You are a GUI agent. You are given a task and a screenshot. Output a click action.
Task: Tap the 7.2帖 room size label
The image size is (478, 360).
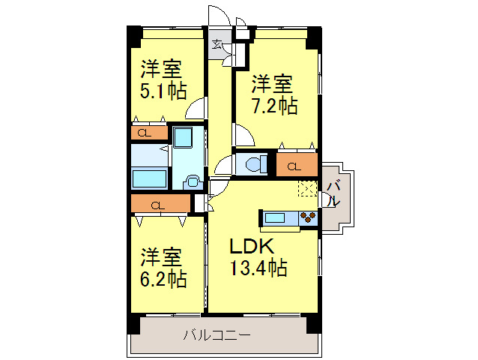pos(274,105)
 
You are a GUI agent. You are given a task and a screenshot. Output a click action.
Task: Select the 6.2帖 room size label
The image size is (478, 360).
pos(163,279)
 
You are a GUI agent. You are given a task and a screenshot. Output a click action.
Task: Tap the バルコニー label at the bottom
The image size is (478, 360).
pos(217,335)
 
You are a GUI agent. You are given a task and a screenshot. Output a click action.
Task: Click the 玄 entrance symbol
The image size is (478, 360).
pos(217,43)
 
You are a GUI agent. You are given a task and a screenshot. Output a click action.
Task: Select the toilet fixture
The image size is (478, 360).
pos(254,163)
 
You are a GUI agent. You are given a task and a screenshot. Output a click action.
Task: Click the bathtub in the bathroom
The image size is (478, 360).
pos(149,179)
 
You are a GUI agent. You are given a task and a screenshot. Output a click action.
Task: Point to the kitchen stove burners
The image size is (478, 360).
pos(308,218)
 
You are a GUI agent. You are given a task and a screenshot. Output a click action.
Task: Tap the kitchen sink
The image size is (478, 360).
pos(274,218)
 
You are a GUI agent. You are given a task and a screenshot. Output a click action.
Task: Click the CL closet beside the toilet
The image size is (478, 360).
pos(295,165)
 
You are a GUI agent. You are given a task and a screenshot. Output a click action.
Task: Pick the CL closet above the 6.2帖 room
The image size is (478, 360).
pos(158,204)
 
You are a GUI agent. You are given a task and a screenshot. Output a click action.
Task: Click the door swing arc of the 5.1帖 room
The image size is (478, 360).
pos(196,109)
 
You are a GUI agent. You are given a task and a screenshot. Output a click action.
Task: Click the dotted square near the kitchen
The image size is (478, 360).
pos(308,188)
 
